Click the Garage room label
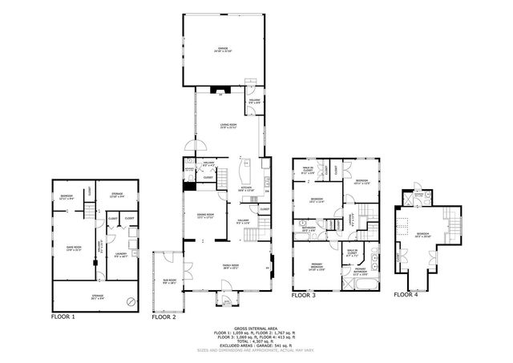(x=223, y=49)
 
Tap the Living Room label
(x=228, y=126)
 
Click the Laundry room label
(x=121, y=255)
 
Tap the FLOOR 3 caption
(x=304, y=295)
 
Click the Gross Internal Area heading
(x=256, y=329)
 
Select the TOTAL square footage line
(x=256, y=342)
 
